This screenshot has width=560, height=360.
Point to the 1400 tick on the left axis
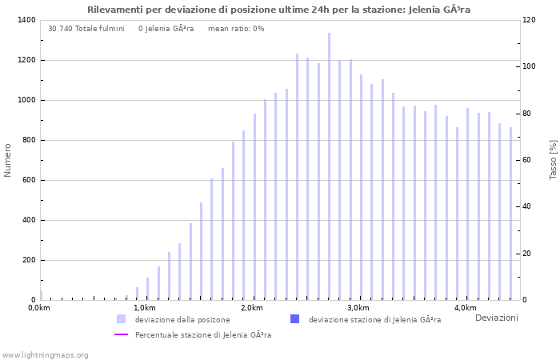(x=26, y=20)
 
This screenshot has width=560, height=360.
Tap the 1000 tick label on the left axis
(x=26, y=100)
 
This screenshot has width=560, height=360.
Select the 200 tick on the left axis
(x=28, y=260)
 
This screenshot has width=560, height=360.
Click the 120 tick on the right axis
(x=530, y=20)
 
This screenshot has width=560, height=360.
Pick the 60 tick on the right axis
(x=528, y=160)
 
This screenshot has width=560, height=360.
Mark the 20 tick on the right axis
(x=528, y=254)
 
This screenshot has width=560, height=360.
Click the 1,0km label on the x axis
(x=144, y=308)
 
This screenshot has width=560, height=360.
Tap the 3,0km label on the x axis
(x=358, y=308)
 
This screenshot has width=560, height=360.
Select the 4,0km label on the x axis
(x=465, y=308)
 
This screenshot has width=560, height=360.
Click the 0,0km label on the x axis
(x=38, y=308)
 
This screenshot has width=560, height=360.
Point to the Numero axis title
(x=8, y=160)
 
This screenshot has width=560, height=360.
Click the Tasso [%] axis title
(x=553, y=160)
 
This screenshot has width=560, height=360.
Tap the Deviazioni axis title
(x=496, y=318)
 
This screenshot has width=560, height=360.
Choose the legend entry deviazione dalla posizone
(x=182, y=319)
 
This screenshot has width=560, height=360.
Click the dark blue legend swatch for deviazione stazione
(x=294, y=319)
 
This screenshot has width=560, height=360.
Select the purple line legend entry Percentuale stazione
(x=202, y=334)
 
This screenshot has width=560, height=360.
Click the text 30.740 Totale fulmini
(x=86, y=29)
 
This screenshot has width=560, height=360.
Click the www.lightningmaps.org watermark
(x=46, y=354)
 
